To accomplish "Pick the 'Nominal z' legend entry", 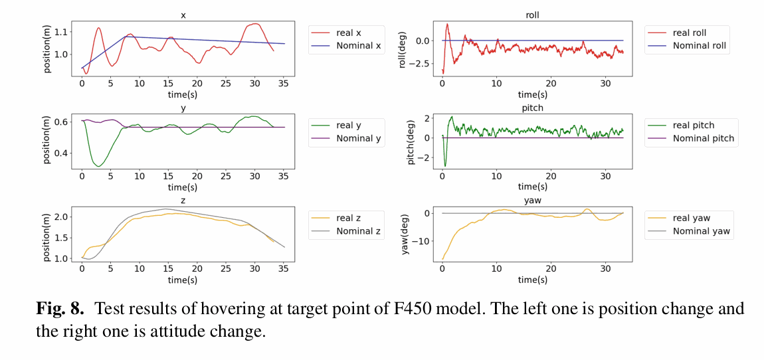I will point(345,231).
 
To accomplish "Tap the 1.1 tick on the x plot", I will point(62,32).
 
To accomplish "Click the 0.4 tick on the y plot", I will point(62,153).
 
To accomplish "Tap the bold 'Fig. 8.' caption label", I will point(60,309).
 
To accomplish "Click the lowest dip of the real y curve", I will point(98,166).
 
